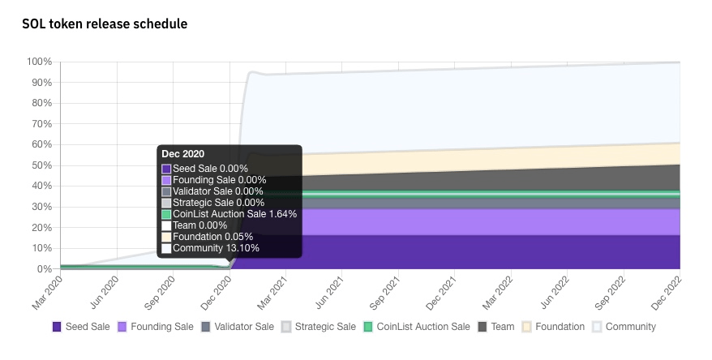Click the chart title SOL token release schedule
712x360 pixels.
click(x=105, y=24)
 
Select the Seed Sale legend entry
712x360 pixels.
click(x=81, y=327)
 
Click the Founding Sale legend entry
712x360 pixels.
click(x=156, y=327)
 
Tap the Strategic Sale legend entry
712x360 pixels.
click(x=318, y=327)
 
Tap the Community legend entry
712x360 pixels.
click(x=624, y=327)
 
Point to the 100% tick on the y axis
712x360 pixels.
click(x=40, y=62)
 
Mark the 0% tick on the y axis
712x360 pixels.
click(x=45, y=268)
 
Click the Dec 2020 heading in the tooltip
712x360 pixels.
click(x=183, y=154)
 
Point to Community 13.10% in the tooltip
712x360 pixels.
click(x=209, y=248)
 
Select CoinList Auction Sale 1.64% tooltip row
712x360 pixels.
click(x=234, y=214)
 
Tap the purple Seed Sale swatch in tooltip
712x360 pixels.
click(x=166, y=169)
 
